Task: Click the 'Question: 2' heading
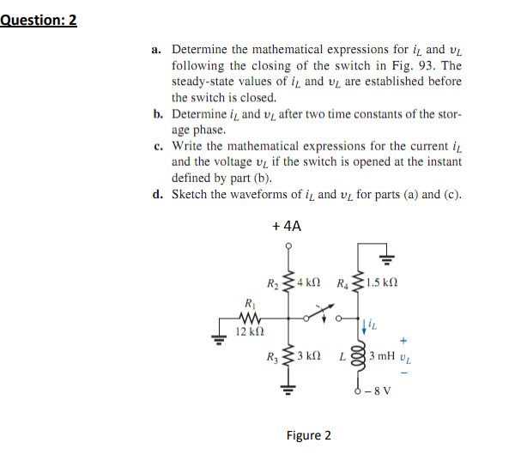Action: [x=39, y=18]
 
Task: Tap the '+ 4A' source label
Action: [x=286, y=227]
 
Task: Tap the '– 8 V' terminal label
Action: [x=377, y=393]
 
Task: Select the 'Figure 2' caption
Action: [x=308, y=435]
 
